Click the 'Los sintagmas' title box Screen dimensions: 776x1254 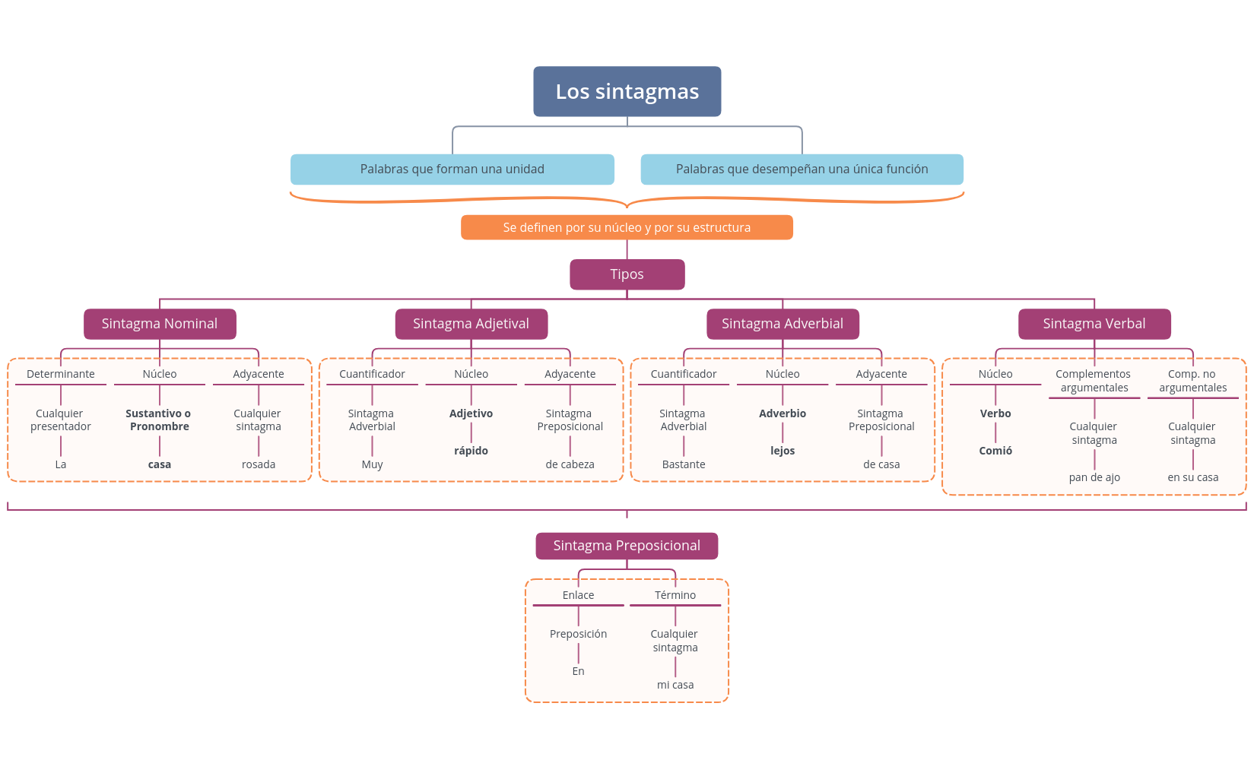[627, 91]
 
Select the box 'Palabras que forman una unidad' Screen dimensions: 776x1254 [452, 169]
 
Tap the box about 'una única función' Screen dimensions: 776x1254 [802, 169]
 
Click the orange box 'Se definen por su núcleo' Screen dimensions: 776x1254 [627, 227]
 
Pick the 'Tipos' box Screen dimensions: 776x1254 [627, 274]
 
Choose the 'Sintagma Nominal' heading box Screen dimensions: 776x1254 [160, 324]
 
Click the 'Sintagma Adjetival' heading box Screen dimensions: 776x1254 [471, 324]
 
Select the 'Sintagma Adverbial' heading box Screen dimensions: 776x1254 [783, 324]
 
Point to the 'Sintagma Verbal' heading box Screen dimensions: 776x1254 [1094, 324]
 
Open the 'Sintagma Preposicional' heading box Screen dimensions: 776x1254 [627, 546]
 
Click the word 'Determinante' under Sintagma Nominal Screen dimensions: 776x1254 [61, 374]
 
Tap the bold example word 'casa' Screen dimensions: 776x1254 [160, 464]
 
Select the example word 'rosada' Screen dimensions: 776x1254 [259, 464]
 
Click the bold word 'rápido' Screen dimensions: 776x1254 [471, 451]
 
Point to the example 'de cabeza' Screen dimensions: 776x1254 [570, 464]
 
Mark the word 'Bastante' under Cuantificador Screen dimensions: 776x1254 [684, 464]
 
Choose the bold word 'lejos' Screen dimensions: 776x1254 [783, 451]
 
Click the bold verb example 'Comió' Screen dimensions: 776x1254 [995, 451]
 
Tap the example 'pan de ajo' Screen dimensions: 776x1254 [1094, 477]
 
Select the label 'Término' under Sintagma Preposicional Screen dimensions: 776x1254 [675, 595]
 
